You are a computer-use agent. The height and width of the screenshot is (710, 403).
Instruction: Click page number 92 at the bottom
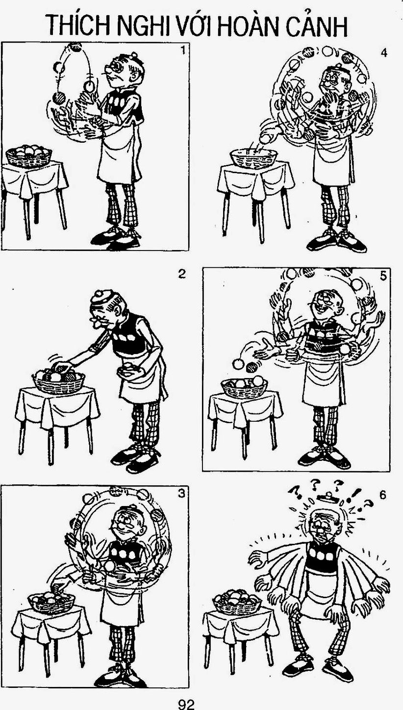pos(186,704)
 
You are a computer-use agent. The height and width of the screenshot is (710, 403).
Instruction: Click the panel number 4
pos(384,53)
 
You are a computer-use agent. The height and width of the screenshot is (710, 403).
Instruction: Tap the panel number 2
pos(181,274)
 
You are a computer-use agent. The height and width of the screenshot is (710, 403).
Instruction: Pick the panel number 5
pos(383,276)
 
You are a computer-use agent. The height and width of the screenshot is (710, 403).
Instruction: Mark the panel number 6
pos(383,495)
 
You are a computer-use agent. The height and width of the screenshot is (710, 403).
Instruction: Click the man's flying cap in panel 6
pos(328,497)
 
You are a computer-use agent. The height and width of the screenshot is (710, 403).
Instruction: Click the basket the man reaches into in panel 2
pos(59,380)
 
